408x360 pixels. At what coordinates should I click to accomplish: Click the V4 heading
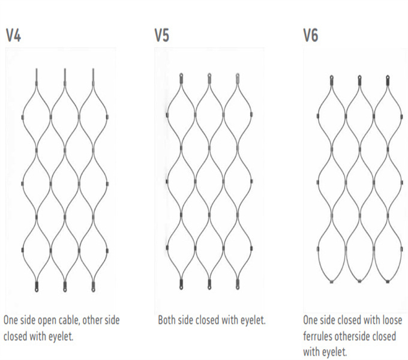pos(13,35)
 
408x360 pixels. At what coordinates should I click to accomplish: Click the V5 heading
pos(162,35)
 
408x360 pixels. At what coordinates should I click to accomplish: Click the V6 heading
pos(311,35)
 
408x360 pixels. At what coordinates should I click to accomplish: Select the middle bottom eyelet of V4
pos(65,286)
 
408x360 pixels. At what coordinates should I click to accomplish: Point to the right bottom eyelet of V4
pos(94,286)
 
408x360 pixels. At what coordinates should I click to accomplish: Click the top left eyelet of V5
pos(181,78)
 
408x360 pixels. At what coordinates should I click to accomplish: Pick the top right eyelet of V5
pos(238,78)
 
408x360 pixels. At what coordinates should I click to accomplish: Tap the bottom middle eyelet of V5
pos(209,284)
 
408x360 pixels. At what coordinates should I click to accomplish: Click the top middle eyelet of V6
pos(359,80)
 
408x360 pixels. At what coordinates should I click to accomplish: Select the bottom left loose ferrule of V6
pos(331,281)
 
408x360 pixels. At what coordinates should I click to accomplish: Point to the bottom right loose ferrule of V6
pos(388,281)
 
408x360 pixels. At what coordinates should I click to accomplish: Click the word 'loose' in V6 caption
pos(392,320)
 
